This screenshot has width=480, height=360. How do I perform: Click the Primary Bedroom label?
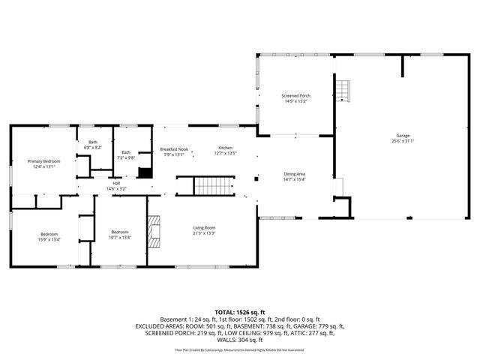point(43,161)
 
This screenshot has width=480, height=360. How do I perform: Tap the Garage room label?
point(402,136)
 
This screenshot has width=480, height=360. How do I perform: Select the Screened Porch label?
point(295,96)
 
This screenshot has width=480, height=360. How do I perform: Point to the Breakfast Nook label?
point(174,149)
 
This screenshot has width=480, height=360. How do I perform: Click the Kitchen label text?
point(226,148)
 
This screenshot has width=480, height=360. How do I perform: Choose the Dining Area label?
point(294,174)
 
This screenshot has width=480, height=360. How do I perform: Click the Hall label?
point(116,183)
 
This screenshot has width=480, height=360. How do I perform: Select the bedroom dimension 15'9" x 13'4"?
point(49,239)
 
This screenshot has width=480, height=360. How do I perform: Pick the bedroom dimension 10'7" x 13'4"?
point(120,238)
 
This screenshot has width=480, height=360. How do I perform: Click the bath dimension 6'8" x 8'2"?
point(93,148)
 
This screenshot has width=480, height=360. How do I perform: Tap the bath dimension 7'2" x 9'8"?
point(126,157)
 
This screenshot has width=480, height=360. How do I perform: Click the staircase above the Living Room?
point(214,185)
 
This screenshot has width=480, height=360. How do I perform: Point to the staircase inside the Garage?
point(343,91)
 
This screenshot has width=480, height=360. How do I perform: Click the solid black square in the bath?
point(145,172)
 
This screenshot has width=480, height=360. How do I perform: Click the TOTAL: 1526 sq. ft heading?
point(240,311)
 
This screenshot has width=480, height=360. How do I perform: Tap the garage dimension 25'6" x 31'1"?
point(402,141)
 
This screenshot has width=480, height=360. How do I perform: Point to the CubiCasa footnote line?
point(240,349)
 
